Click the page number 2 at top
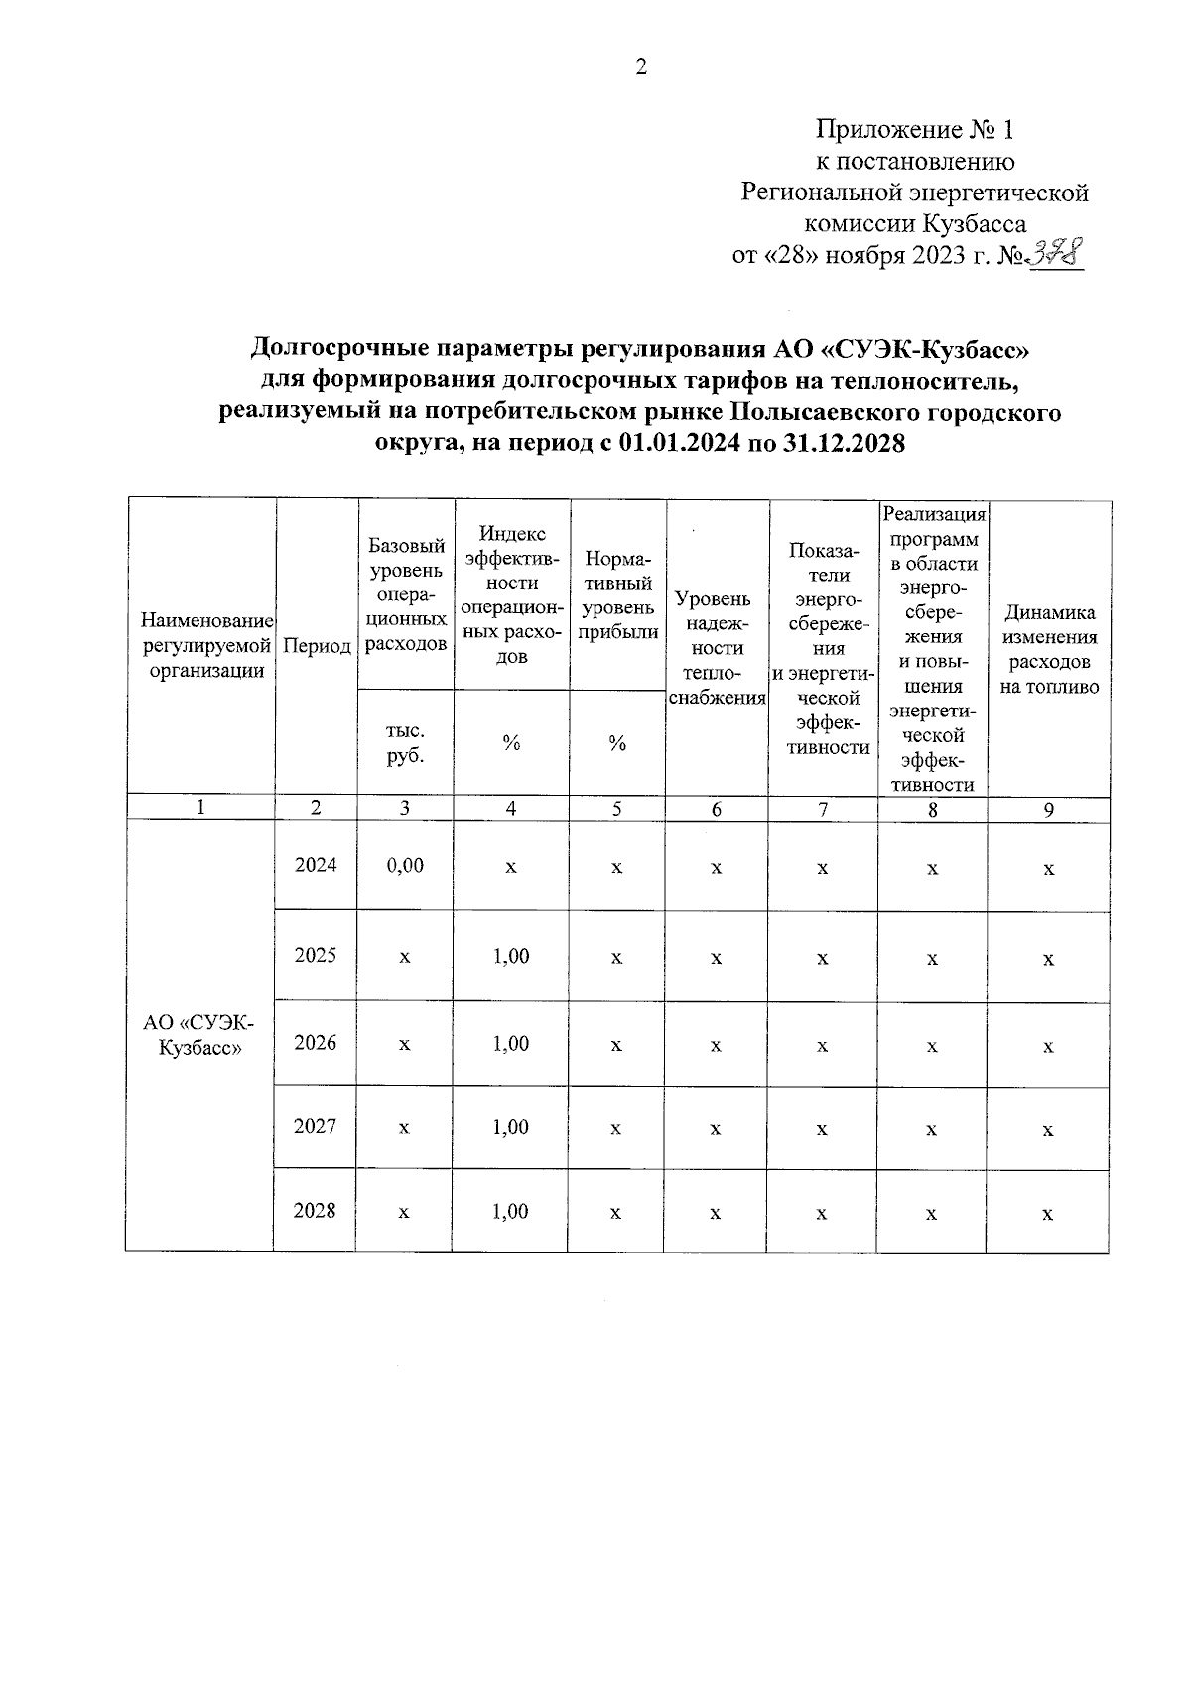640,68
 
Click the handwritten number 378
1056,254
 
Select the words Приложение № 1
915,130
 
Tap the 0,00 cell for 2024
405,865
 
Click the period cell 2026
316,1043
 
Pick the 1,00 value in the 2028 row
511,1212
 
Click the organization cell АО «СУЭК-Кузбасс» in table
199,1036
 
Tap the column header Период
317,647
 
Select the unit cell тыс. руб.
405,742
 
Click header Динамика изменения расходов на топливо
1049,649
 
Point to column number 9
1048,810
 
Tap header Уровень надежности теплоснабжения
717,647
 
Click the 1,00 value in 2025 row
511,956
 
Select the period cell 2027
316,1127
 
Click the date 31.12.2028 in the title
844,444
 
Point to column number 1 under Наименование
200,808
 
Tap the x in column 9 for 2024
1048,869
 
